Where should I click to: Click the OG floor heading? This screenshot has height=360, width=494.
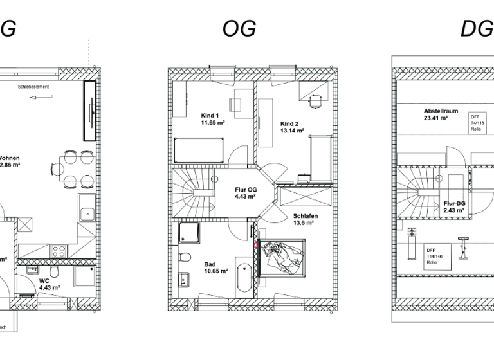pos(239,28)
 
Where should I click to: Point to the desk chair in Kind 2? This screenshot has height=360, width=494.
pos(315,100)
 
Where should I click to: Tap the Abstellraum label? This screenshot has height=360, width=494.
pos(435,114)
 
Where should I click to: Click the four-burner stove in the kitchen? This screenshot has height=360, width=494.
pos(59,248)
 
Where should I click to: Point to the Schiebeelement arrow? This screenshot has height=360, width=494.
pos(45,98)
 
